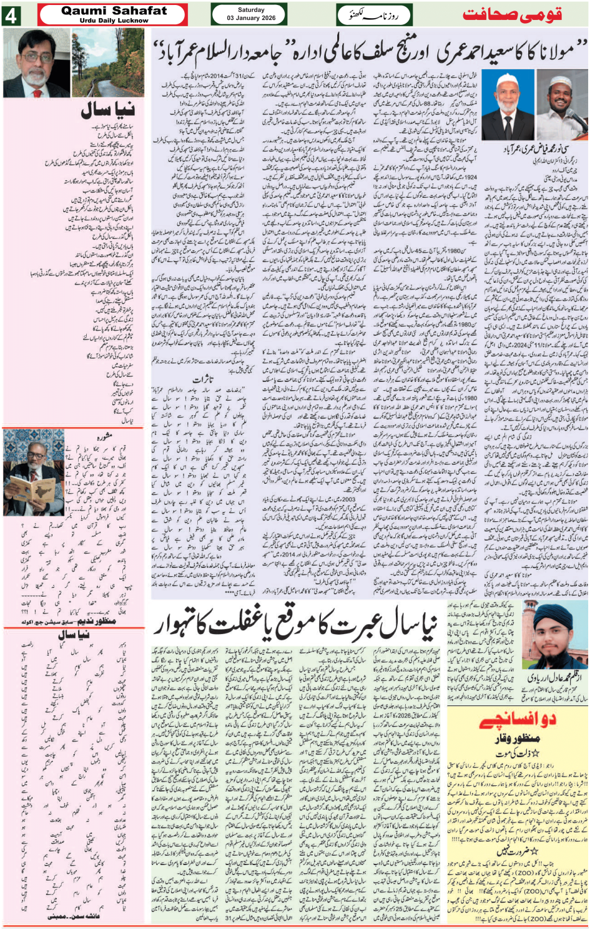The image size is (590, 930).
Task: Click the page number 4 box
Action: (x=11, y=16)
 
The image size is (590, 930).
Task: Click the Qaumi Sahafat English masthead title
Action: (x=114, y=11)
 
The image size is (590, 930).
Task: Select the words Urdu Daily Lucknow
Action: (x=114, y=21)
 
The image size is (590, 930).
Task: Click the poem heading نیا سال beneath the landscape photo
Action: (x=107, y=111)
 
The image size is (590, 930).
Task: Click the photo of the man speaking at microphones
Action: (x=565, y=105)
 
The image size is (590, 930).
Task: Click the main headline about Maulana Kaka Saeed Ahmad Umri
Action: (x=368, y=51)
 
